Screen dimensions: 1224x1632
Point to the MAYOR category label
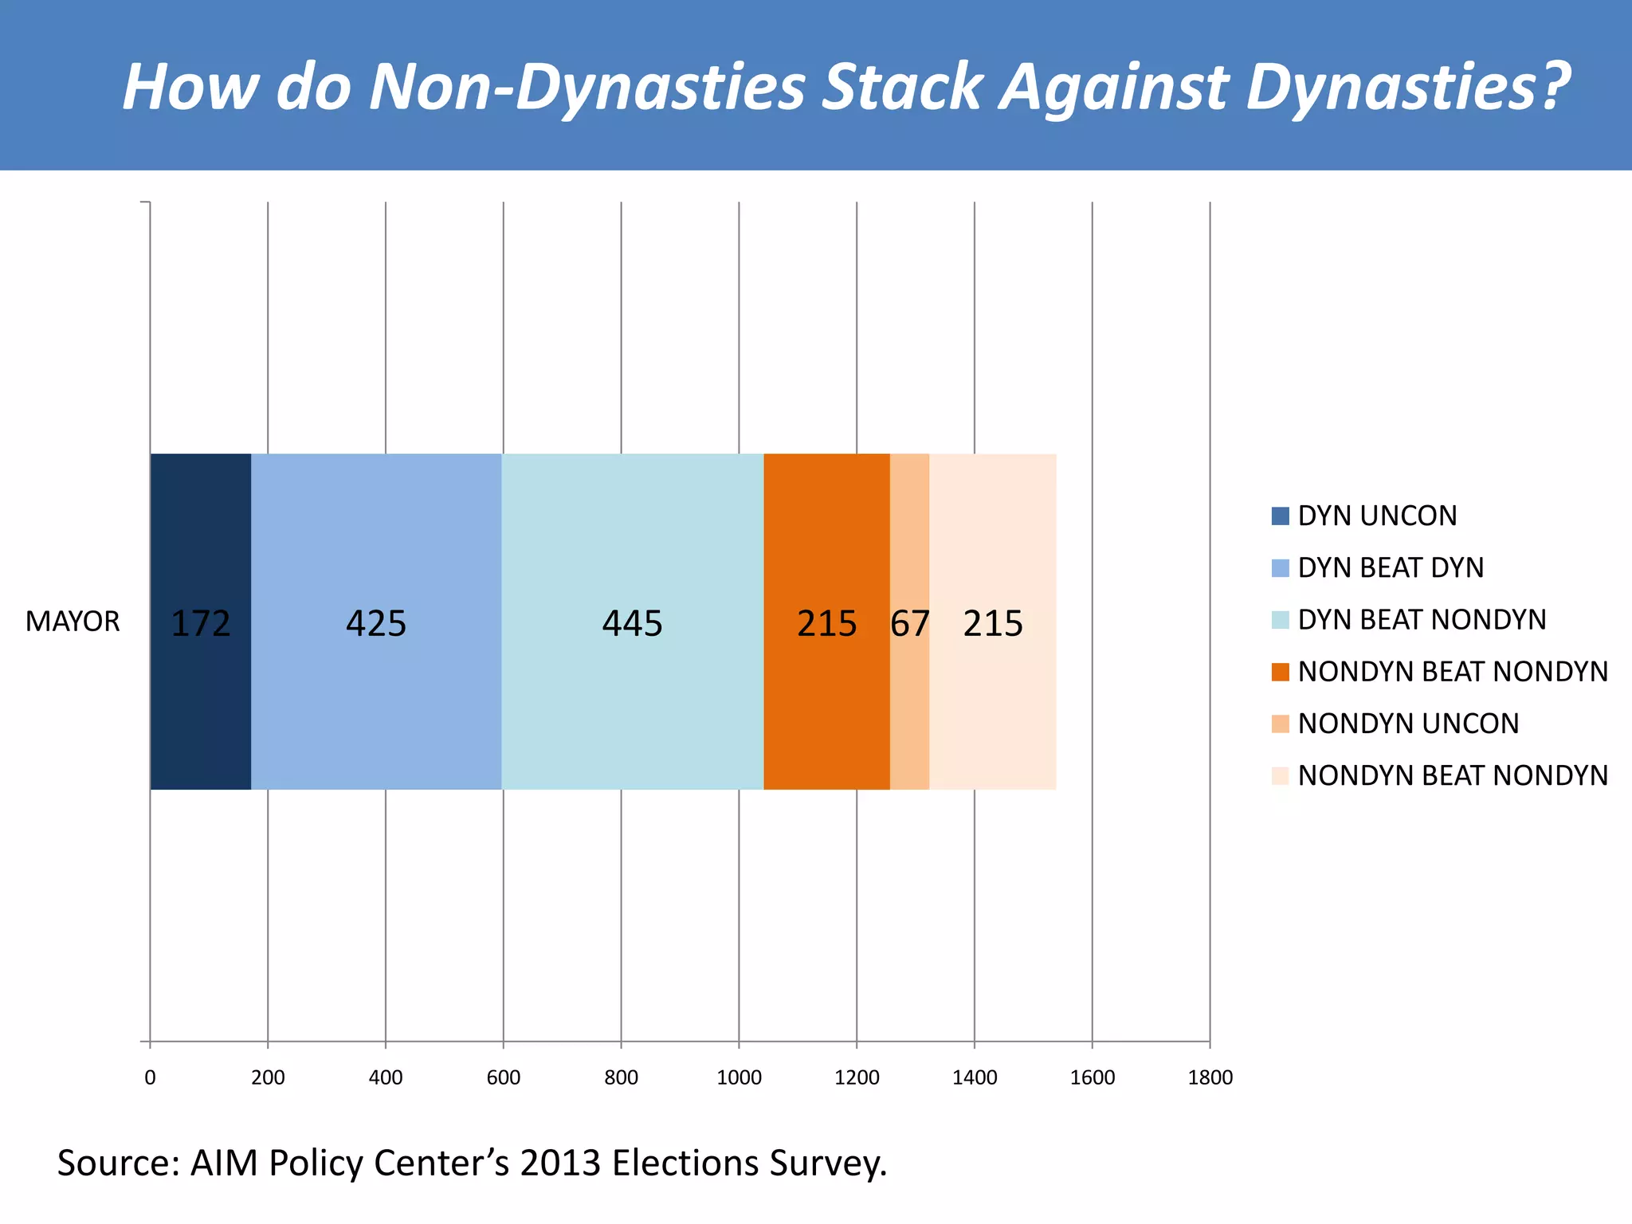73,622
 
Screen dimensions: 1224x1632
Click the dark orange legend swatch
1280,672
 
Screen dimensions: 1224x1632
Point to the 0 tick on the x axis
150,1077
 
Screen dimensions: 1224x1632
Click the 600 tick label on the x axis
503,1077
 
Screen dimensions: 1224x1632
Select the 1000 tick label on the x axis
739,1077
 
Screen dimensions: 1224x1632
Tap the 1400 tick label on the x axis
975,1077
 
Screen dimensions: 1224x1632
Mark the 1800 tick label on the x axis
1210,1077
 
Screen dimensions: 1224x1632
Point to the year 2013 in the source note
559,1163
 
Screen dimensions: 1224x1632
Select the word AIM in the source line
224,1163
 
